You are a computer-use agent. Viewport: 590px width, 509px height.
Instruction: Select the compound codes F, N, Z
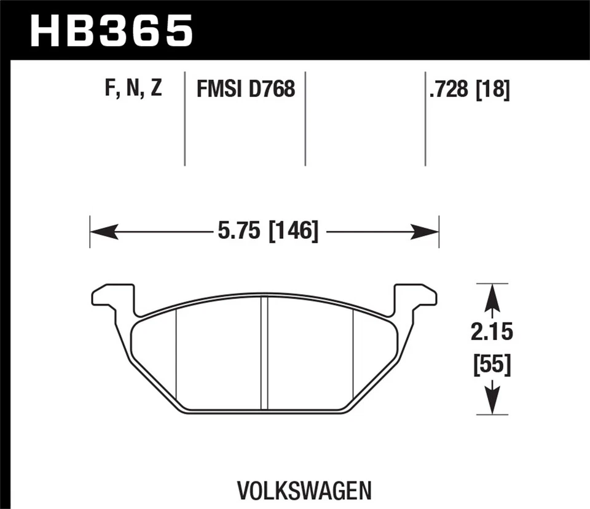[133, 89]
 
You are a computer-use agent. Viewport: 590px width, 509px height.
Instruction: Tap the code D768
[272, 90]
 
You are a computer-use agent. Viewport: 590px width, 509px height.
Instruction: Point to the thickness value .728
[449, 90]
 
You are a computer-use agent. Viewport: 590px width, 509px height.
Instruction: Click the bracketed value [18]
[492, 90]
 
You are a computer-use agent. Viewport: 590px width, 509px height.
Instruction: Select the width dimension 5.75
[239, 232]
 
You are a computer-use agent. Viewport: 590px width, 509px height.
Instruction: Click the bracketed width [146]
[293, 232]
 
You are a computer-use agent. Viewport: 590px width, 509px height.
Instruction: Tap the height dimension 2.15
[492, 333]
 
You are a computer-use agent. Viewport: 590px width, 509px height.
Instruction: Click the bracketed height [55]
[492, 365]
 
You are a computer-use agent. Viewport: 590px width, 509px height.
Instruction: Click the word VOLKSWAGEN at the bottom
[304, 491]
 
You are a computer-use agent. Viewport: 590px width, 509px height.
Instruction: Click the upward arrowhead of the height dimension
[492, 297]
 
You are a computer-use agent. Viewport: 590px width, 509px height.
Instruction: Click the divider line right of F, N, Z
[185, 119]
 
